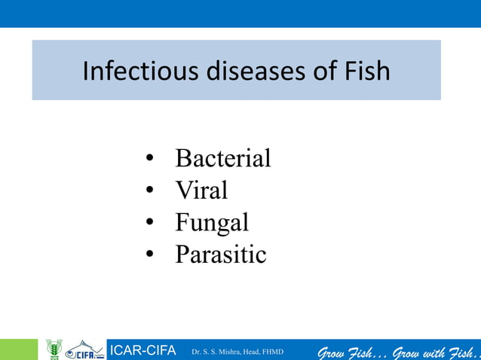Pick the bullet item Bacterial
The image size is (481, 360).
222,159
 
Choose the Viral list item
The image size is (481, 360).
201,191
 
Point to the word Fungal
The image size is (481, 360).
211,223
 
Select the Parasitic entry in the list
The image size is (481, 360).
220,255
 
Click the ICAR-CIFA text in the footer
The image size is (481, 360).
143,350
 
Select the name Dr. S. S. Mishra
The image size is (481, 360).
213,351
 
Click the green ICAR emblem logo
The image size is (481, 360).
53,349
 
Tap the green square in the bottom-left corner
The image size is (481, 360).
18,349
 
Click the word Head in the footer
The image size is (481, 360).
248,351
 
